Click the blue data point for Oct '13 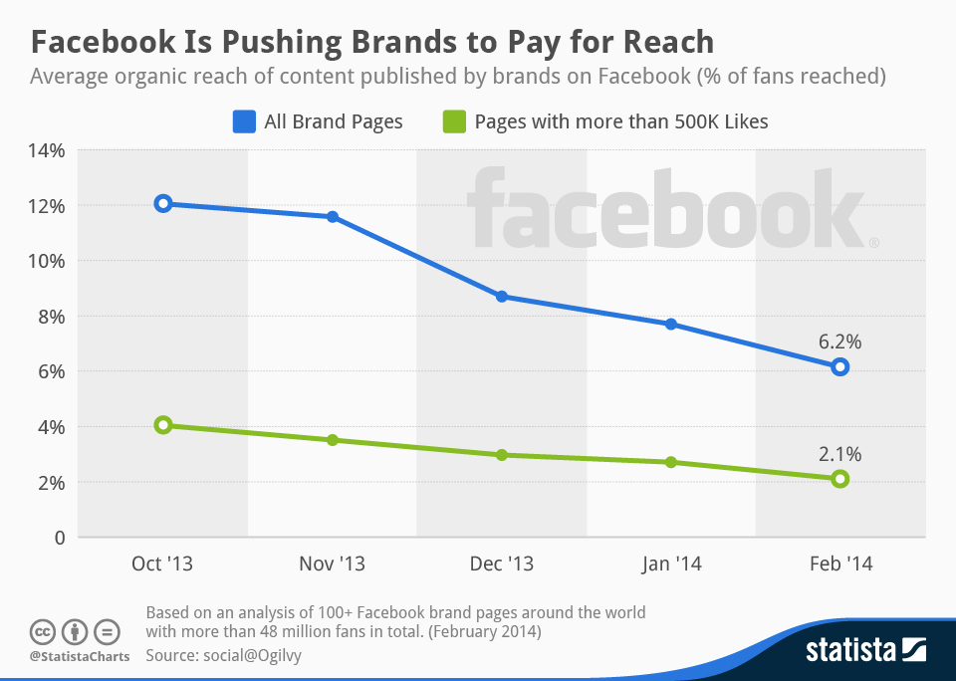(x=163, y=204)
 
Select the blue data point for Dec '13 (x=502, y=297)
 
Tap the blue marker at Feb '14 (x=840, y=366)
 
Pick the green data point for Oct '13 (x=163, y=425)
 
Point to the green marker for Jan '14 (x=671, y=462)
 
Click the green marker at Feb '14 (x=840, y=479)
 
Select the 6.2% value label (x=839, y=341)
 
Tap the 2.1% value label (x=839, y=454)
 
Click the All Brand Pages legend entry (x=319, y=121)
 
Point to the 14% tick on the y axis (x=45, y=150)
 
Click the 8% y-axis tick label (x=50, y=317)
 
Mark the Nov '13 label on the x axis (x=332, y=564)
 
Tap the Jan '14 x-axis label (x=670, y=564)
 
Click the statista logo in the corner (x=865, y=651)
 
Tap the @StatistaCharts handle (x=79, y=657)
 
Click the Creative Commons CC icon (x=43, y=632)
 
